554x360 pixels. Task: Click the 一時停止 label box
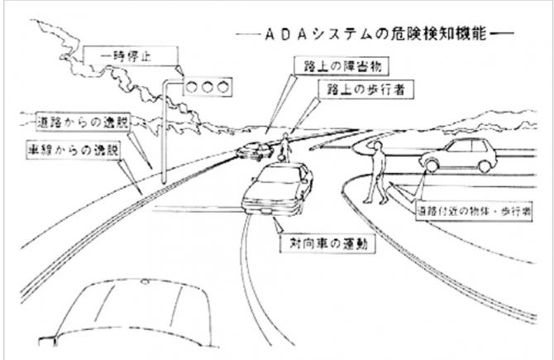(131, 56)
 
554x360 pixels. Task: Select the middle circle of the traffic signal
(206, 85)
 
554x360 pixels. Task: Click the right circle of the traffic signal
(221, 85)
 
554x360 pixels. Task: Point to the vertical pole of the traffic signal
(165, 132)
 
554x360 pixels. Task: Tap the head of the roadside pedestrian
(377, 147)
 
